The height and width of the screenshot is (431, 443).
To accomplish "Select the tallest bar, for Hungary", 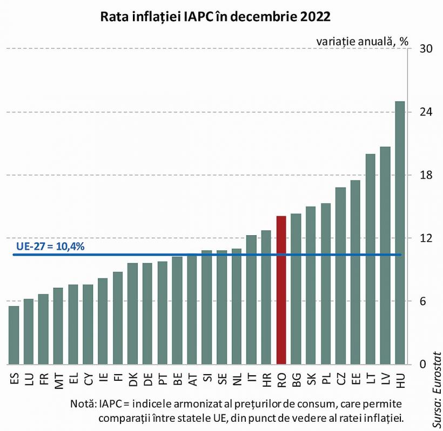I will (x=400, y=233).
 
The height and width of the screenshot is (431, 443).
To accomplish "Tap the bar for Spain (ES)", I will (x=14, y=335).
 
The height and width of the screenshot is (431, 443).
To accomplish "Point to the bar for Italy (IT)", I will (x=251, y=300).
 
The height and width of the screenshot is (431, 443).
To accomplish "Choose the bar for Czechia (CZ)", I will (x=340, y=276).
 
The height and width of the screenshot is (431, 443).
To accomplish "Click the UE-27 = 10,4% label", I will (x=50, y=246).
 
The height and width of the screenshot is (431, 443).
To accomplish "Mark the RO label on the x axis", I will (x=281, y=379).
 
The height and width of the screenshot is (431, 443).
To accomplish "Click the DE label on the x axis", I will (x=147, y=379).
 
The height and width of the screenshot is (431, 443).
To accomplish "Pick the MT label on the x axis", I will (x=58, y=379).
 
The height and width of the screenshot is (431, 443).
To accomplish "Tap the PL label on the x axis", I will (x=326, y=379).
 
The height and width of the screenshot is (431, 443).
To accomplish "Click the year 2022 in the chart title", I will (x=311, y=17).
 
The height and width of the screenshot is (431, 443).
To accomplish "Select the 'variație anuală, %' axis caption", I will (x=362, y=41).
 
